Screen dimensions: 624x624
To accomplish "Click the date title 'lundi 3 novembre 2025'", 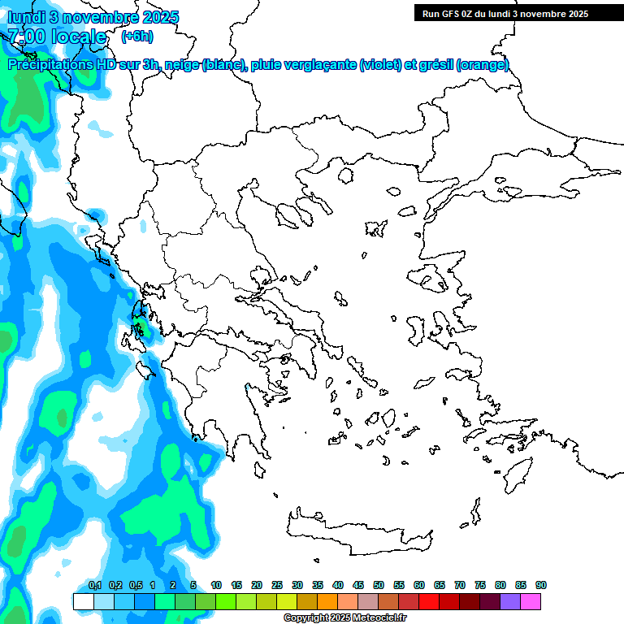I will (x=93, y=17).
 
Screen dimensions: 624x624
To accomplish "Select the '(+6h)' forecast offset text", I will (x=136, y=37).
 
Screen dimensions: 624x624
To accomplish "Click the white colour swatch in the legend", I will (x=83, y=601).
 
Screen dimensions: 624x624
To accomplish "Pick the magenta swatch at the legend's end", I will (x=531, y=601).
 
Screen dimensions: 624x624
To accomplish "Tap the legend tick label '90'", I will (x=541, y=585).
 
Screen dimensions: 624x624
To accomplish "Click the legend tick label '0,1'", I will (x=94, y=585).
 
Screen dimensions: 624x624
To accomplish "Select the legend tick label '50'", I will (x=379, y=585).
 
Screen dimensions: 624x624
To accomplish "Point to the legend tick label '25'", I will (x=277, y=585).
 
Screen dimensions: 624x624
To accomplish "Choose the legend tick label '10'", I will (x=216, y=585).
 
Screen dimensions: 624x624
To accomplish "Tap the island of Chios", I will (x=416, y=329).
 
